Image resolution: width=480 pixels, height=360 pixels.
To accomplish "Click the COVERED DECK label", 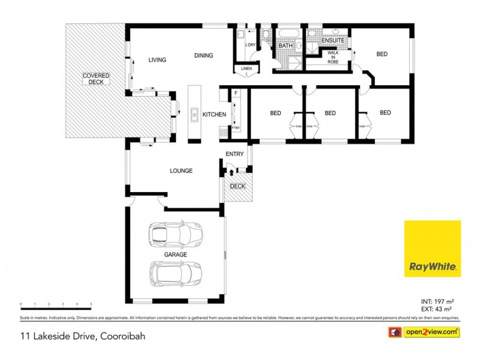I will click(x=96, y=79).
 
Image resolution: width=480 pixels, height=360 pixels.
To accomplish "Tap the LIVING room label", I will click(x=157, y=59).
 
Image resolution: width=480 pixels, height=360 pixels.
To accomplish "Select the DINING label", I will click(x=203, y=56).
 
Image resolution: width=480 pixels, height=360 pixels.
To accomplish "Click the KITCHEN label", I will click(x=214, y=114).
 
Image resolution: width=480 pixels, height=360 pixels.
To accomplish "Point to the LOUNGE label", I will click(x=181, y=171).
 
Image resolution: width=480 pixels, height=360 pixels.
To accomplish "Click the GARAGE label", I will click(x=176, y=254).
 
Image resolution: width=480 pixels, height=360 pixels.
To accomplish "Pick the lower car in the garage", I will click(x=175, y=274).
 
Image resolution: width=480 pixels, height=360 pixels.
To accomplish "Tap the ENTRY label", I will click(x=235, y=154).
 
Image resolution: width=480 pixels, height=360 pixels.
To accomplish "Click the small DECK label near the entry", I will click(x=238, y=186).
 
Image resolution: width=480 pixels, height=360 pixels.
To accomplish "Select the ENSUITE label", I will click(x=333, y=40).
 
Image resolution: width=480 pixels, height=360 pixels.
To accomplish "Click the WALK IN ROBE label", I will click(x=332, y=57).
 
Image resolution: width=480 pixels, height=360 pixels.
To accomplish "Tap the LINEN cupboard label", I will click(x=246, y=68).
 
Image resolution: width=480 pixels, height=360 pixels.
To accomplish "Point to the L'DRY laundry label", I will click(x=251, y=45).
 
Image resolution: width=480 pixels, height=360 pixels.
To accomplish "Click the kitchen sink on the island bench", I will click(x=194, y=113).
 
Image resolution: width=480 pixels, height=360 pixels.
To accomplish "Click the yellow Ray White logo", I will click(x=432, y=248).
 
